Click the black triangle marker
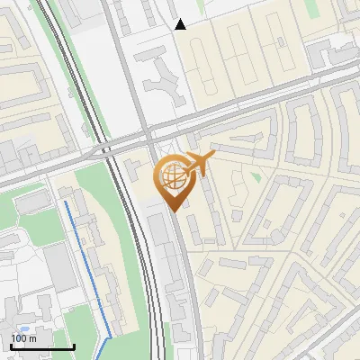pyautogui.click(x=181, y=24)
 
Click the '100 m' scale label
pyautogui.click(x=23, y=338)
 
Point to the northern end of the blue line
pyautogui.click(x=66, y=202)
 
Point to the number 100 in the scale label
pyautogui.click(x=19, y=338)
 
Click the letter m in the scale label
pyautogui.click(x=32, y=338)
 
